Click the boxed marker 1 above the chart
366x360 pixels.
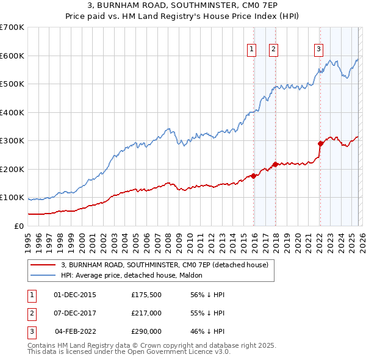(252, 50)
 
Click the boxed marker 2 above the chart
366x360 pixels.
(274, 50)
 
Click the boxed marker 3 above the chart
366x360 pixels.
(319, 50)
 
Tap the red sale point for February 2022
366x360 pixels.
(320, 144)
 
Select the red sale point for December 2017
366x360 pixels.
(275, 164)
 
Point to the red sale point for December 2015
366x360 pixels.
(253, 176)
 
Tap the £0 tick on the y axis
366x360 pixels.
(19, 226)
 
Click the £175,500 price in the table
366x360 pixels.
(146, 294)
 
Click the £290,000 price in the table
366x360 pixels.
(146, 331)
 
